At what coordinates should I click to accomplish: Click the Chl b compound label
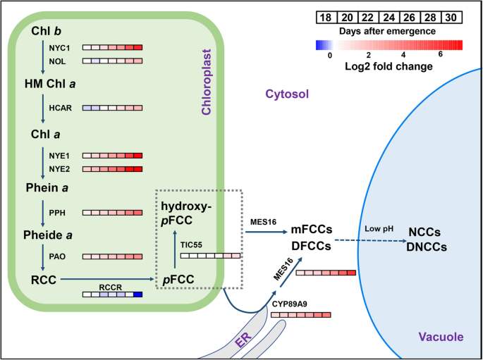47,31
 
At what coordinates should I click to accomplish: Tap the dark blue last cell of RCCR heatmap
138,295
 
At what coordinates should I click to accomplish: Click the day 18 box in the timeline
325,17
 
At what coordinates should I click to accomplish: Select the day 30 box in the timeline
452,17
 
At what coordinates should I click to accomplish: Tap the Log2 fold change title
389,66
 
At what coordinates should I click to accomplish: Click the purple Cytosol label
287,94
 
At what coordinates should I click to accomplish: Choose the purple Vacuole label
440,337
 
